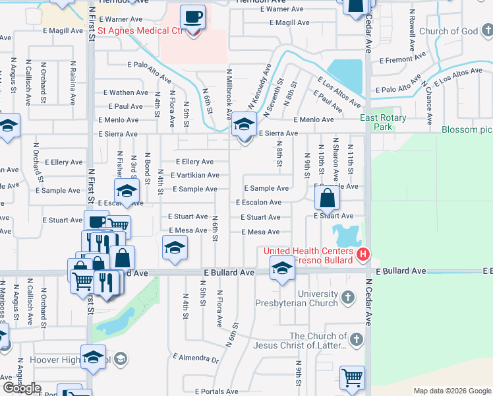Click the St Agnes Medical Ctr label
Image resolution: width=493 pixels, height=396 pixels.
[139, 30]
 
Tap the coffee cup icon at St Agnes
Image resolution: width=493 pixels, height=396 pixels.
[192, 18]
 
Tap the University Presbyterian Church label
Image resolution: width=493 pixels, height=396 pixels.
[299, 299]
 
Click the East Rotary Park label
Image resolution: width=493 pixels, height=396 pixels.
[383, 122]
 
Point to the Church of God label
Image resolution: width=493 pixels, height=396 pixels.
[448, 31]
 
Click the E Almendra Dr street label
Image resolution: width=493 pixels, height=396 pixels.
[196, 358]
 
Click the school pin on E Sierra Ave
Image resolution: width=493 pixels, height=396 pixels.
[244, 125]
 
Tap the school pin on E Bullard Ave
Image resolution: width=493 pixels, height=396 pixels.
[282, 268]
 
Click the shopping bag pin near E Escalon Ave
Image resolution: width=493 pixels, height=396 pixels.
[326, 199]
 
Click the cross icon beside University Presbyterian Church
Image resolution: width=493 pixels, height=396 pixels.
[349, 300]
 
